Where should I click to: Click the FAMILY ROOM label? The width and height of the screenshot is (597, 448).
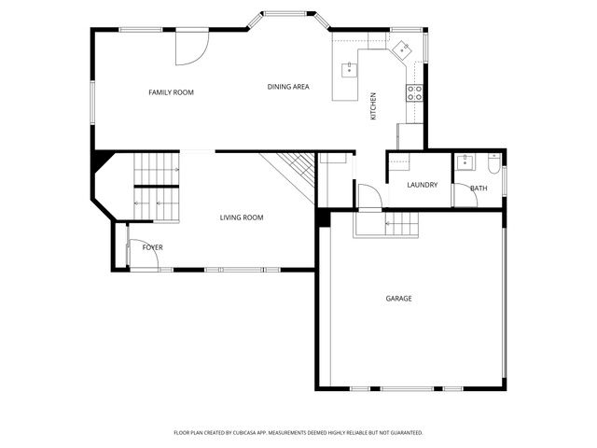click(x=171, y=91)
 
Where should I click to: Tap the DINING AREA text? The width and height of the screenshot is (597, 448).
click(x=288, y=87)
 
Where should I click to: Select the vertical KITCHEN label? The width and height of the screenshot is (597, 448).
click(x=373, y=105)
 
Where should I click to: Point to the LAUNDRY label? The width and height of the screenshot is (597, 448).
click(x=423, y=185)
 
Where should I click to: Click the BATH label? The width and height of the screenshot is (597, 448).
click(x=479, y=189)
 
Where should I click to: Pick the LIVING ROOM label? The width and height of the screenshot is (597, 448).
click(x=242, y=217)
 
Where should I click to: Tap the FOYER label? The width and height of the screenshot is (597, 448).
click(x=152, y=247)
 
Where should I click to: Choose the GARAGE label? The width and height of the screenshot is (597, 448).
click(x=399, y=299)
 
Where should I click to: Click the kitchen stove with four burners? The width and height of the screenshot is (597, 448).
click(x=414, y=92)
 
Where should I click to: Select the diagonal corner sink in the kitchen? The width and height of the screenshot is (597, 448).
click(x=401, y=49)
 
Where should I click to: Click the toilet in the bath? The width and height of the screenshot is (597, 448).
click(x=492, y=165)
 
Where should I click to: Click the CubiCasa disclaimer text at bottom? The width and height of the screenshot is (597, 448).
click(x=298, y=432)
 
